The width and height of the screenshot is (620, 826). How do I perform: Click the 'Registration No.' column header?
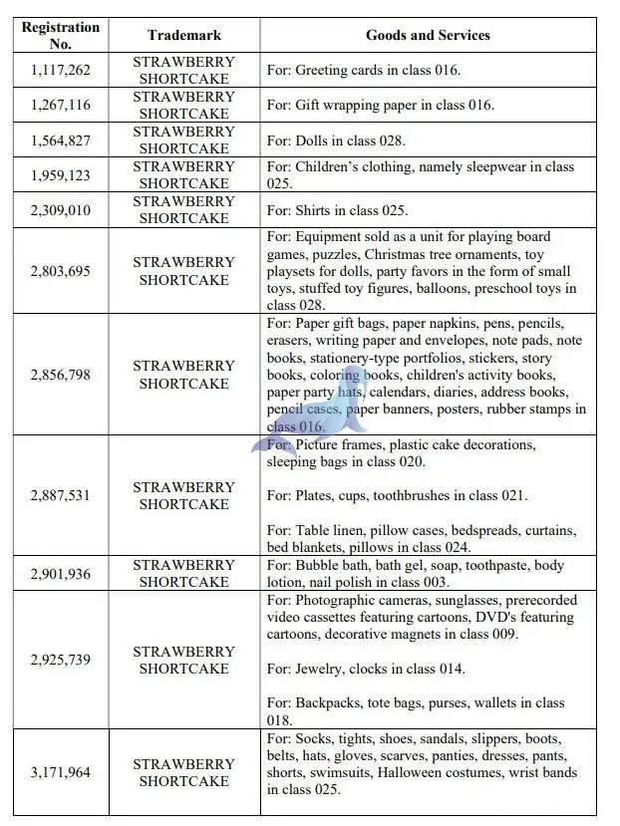tap(60, 35)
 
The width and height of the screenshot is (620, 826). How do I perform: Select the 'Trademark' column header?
tap(183, 35)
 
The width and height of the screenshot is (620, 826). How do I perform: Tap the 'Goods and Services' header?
tap(428, 35)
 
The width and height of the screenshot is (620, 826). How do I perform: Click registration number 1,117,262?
tap(60, 70)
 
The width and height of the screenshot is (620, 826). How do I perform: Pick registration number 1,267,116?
tap(60, 105)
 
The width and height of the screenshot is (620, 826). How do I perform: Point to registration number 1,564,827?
tap(60, 139)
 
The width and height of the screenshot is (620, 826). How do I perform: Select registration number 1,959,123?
tap(60, 174)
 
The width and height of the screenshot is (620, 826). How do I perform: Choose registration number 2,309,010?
tap(60, 209)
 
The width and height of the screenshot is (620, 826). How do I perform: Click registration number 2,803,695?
tap(60, 271)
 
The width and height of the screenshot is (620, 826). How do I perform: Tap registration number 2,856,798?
tap(60, 375)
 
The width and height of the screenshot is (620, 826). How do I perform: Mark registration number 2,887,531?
tap(60, 495)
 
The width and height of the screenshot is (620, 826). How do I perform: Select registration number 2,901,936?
tap(60, 573)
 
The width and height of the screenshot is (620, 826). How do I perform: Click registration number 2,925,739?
tap(60, 660)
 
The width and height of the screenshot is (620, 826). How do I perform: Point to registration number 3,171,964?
tap(60, 772)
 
